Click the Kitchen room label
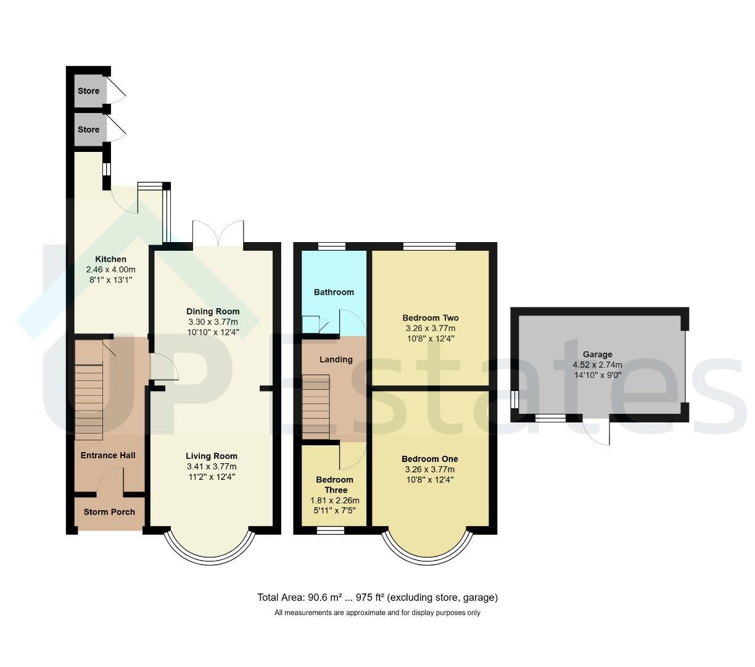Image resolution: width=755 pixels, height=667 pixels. tap(110, 259)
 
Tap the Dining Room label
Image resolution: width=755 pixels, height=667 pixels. tap(213, 311)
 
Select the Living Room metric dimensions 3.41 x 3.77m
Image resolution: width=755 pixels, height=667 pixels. tap(212, 466)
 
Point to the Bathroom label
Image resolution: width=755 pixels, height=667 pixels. tap(334, 292)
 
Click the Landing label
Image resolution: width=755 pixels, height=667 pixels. tap(336, 359)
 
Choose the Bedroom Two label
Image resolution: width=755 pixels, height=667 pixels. tap(431, 317)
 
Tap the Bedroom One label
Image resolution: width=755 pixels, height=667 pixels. tap(430, 459)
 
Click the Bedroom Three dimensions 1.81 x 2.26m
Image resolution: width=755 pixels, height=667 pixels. tap(335, 500)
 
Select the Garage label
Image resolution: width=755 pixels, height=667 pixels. tap(597, 354)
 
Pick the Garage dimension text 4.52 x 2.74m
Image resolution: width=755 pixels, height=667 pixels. tap(597, 364)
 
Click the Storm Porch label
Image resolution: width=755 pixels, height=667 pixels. tap(109, 512)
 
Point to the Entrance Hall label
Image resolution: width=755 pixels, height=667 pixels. tap(108, 455)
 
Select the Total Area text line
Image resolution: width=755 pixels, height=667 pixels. tap(377, 598)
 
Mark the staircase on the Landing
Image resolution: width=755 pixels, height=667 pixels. tap(316, 407)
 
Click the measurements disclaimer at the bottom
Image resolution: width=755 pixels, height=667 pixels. tap(377, 613)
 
